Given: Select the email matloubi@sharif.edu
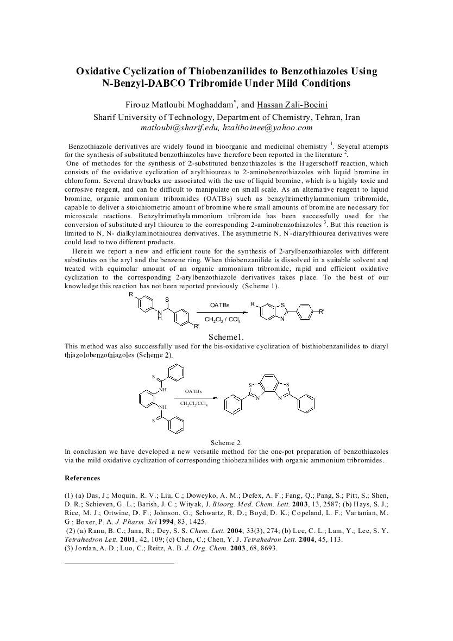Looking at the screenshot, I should click(x=172, y=128).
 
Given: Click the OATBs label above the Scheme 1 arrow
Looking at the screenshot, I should click(x=219, y=306).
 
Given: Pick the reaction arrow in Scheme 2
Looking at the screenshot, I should click(x=193, y=397).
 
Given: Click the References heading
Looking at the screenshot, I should click(x=82, y=478).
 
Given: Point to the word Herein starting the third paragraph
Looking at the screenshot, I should click(x=83, y=251).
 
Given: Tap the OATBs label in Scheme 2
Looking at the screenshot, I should click(x=193, y=391).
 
